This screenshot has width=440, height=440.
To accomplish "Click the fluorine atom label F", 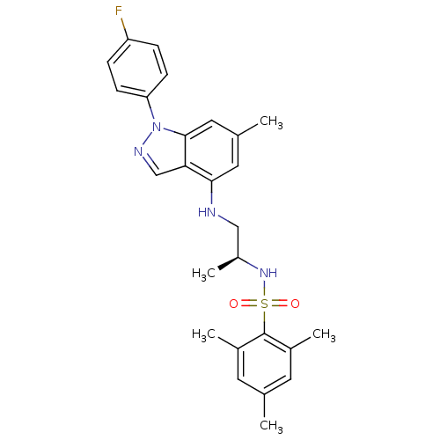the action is click(x=119, y=11).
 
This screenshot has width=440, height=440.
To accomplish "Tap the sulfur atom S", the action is click(x=264, y=304).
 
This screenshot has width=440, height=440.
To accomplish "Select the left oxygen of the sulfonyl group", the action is click(x=233, y=304).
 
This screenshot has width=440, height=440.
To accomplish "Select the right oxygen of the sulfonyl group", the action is click(x=295, y=304).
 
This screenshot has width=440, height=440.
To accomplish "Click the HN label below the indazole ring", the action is click(x=207, y=212).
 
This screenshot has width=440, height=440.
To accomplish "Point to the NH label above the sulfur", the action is click(x=268, y=273).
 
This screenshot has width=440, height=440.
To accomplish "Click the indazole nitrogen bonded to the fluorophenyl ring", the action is click(x=157, y=127).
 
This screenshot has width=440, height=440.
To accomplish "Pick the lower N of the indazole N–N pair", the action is click(x=138, y=151).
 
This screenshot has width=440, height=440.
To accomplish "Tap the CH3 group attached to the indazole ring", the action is click(x=271, y=121).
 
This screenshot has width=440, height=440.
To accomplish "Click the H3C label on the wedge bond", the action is click(x=204, y=274).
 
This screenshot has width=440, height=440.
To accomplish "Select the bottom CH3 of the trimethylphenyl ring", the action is click(x=271, y=426).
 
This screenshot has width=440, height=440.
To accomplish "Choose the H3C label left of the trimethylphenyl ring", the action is click(x=204, y=334).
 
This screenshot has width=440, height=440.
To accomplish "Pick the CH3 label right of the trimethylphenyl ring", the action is click(x=324, y=334).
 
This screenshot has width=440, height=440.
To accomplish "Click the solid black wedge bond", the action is click(x=228, y=263).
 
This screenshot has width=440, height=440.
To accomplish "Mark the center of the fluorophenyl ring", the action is click(x=137, y=68).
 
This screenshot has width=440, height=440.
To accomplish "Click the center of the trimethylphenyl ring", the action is click(x=264, y=363).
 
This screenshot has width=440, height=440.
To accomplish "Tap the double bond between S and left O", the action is click(x=249, y=304).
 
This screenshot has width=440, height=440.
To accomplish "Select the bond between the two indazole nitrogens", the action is click(x=148, y=139).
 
